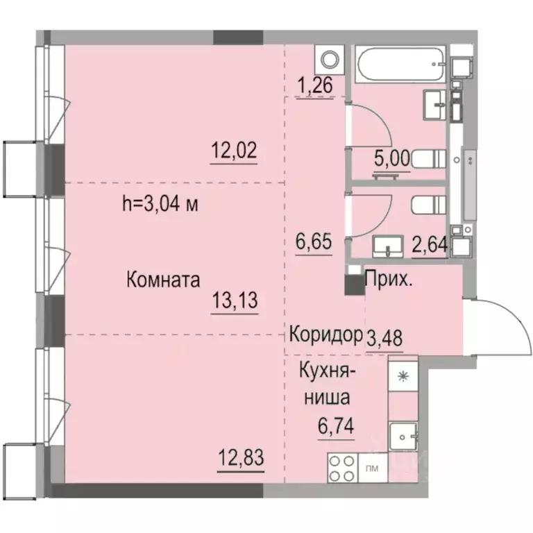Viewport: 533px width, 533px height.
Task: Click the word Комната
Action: click(x=163, y=280)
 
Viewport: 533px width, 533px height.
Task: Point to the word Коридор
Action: click(x=326, y=333)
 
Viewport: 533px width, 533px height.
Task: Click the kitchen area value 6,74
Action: click(x=337, y=425)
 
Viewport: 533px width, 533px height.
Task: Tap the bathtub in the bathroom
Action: click(x=400, y=65)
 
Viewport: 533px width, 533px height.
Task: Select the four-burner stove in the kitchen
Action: click(x=341, y=468)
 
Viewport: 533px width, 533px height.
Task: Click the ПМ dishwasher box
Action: click(x=371, y=469)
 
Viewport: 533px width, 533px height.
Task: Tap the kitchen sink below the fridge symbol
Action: click(x=403, y=436)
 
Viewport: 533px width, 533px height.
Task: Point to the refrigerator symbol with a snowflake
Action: click(x=403, y=376)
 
